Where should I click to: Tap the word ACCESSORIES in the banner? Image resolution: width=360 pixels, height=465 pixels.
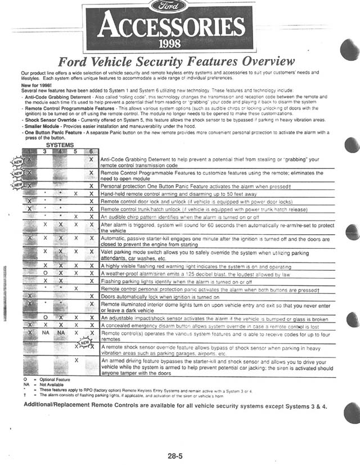point(169,26)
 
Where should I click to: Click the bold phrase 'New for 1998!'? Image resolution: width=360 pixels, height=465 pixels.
point(38,84)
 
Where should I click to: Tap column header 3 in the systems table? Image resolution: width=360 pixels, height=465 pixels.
point(45,151)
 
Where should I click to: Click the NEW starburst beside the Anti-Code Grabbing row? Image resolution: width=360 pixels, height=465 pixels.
point(18,162)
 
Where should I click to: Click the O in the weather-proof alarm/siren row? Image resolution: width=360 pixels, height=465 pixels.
point(45,273)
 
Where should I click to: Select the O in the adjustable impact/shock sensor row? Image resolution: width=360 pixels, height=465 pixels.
point(45,318)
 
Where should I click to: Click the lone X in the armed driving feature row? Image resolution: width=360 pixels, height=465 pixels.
point(75,360)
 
